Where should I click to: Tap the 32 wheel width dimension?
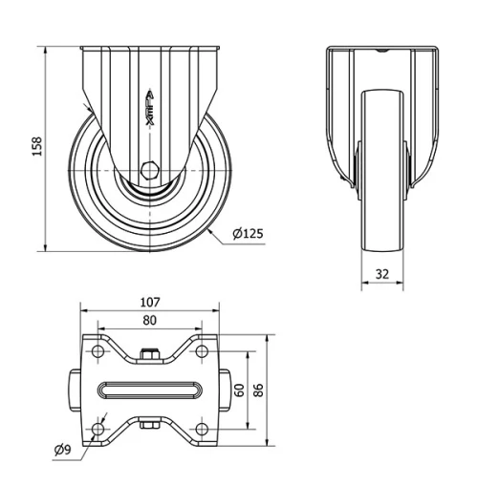coord(381,274)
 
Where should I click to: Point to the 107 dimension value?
coord(149,302)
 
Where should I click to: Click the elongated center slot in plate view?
coord(149,390)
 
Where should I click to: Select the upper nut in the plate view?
coord(149,356)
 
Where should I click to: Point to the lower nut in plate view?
coord(149,424)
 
